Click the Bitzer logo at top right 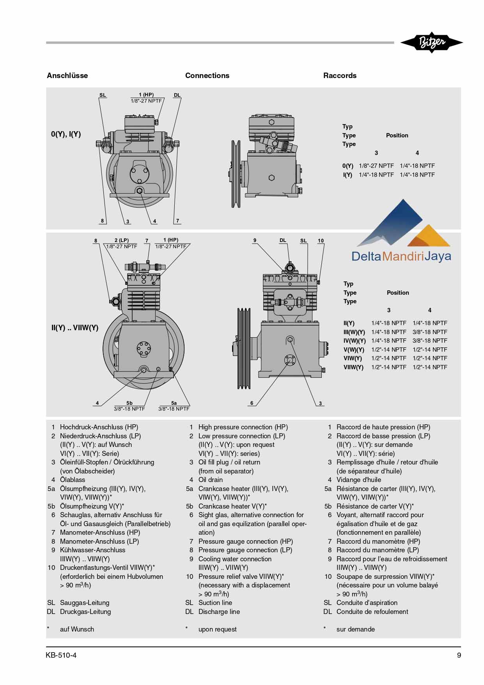(431, 42)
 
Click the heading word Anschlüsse (67, 75)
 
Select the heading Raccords (339, 75)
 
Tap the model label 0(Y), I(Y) (66, 134)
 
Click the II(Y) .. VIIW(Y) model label (75, 327)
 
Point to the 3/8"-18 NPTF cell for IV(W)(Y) (429, 340)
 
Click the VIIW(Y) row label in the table (353, 367)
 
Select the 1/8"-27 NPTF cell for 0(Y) (376, 165)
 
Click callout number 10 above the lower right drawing (321, 240)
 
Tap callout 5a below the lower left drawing (174, 403)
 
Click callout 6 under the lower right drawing (252, 403)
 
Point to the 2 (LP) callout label (121, 240)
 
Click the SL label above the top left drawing (103, 95)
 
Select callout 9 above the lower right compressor (255, 240)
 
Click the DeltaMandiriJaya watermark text (401, 256)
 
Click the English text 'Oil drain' (210, 480)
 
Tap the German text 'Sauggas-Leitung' (84, 603)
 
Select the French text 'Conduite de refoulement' (372, 612)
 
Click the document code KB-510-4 (61, 655)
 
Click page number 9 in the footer (459, 655)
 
